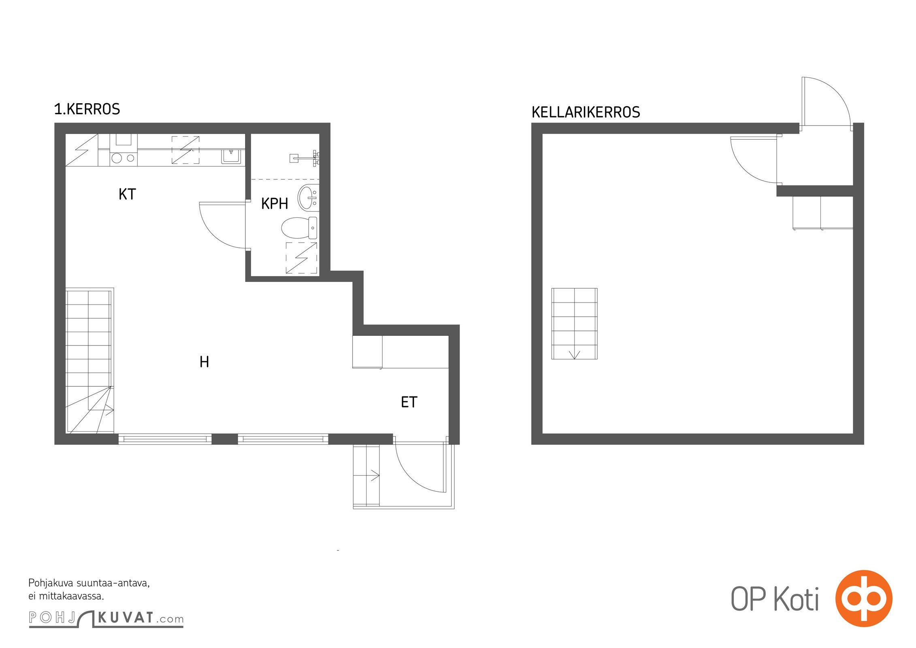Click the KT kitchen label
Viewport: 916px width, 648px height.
[x=127, y=194]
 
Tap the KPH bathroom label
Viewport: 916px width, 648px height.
[x=275, y=204]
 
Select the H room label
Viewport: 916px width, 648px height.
[x=205, y=362]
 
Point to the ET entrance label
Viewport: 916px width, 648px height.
[x=409, y=402]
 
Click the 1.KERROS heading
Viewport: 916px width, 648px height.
[x=87, y=109]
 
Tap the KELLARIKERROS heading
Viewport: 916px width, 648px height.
[x=586, y=112]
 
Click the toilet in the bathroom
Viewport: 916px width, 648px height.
[x=299, y=228]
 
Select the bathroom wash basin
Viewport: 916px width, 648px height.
[x=309, y=197]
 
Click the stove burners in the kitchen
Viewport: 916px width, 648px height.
[x=123, y=158]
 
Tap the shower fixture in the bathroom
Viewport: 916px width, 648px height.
[x=305, y=158]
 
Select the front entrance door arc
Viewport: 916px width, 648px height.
[x=409, y=479]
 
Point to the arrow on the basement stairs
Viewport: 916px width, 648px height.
[x=574, y=355]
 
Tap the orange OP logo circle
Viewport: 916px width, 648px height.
[x=864, y=598]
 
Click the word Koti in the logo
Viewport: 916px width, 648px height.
[x=797, y=599]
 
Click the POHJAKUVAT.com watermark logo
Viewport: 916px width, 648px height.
[x=106, y=618]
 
